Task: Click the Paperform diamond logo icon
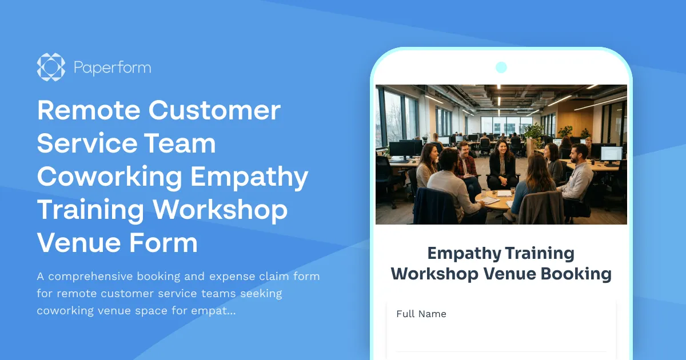pos(51,67)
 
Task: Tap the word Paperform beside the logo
pos(112,67)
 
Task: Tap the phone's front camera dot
pos(501,67)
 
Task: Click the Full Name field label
pos(421,314)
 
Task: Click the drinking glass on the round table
pos(513,191)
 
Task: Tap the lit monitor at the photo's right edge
pos(611,153)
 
